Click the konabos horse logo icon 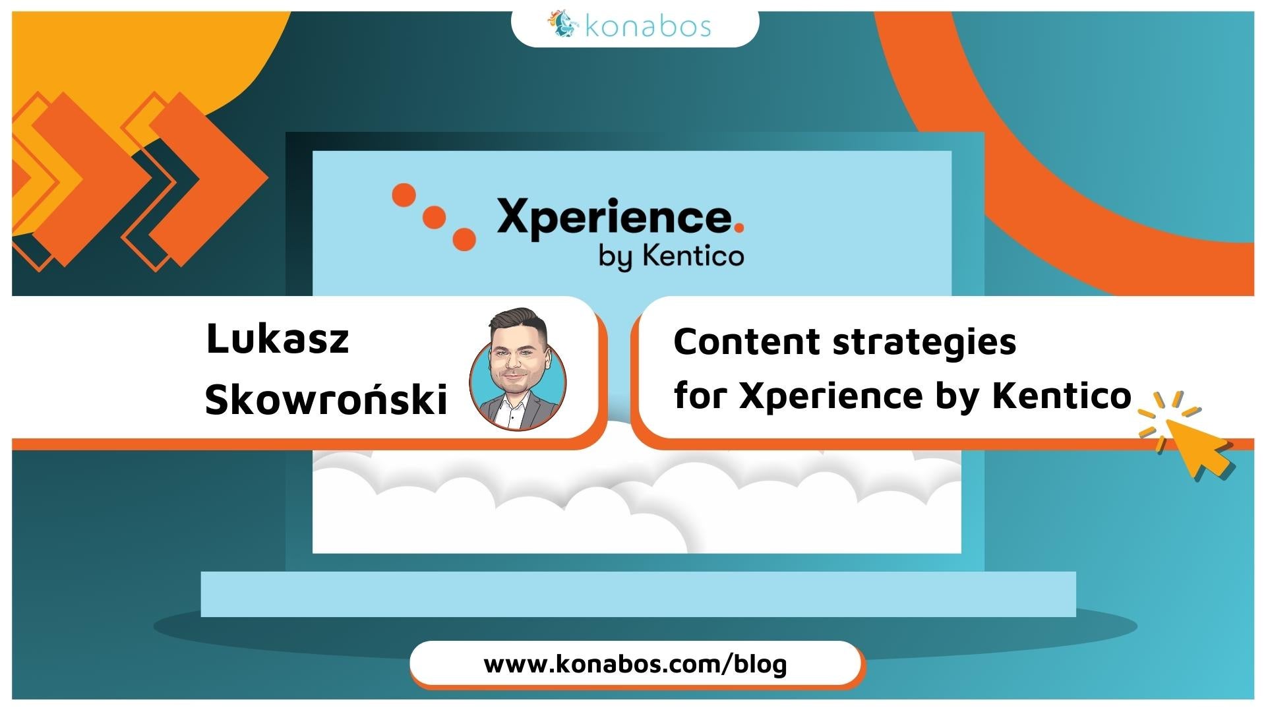(x=561, y=24)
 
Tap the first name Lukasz (x=278, y=340)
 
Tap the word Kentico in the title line (x=1062, y=396)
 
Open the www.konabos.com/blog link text (x=636, y=664)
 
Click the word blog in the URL (x=762, y=665)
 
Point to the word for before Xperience (x=700, y=396)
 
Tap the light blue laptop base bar (x=638, y=594)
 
